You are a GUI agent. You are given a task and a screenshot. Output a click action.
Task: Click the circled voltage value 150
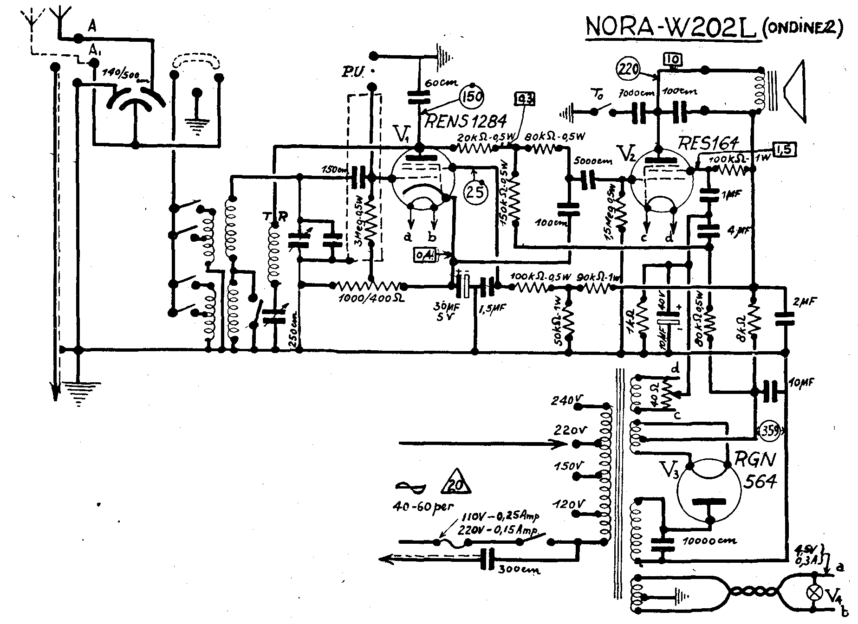point(472,97)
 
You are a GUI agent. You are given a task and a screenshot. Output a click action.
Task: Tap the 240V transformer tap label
point(563,400)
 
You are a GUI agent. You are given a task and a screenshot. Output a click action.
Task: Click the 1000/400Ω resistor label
point(371,298)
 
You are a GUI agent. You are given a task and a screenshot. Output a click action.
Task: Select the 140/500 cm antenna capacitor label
point(126,74)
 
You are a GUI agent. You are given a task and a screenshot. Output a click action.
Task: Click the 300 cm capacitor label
point(519,570)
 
